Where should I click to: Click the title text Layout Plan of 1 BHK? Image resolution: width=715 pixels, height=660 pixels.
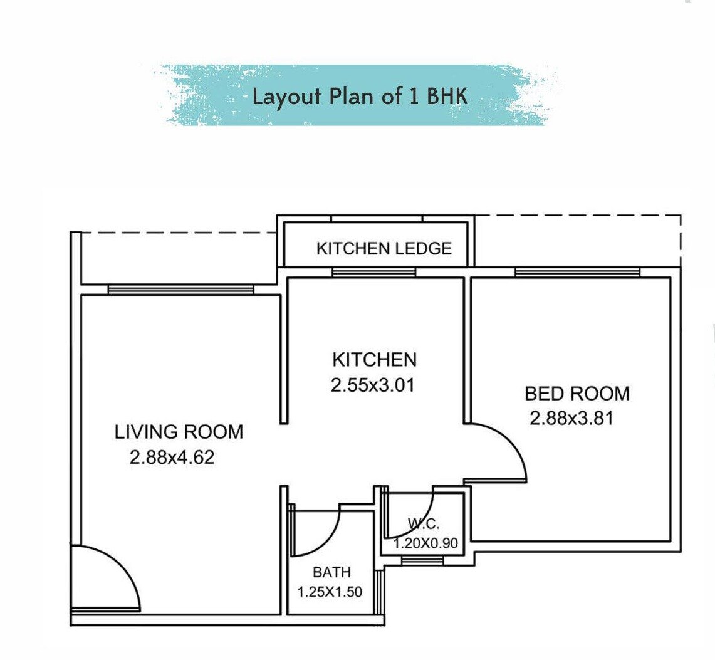tap(360, 97)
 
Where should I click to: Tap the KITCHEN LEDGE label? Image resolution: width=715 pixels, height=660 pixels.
tap(384, 249)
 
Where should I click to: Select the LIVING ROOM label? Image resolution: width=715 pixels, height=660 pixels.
tap(179, 432)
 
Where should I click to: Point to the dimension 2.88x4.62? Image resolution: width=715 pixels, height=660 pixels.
tap(172, 458)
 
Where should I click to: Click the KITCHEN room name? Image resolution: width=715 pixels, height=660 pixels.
tap(374, 359)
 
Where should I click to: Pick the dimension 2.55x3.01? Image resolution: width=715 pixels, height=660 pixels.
tap(373, 385)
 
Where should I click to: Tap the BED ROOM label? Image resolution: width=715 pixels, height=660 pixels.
tap(577, 394)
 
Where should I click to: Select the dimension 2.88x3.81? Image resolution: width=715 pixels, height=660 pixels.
tap(571, 418)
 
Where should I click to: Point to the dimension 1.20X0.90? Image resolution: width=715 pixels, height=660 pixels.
tap(425, 543)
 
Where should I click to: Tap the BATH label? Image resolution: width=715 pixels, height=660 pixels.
tap(331, 572)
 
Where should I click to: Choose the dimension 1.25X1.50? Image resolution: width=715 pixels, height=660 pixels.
tap(330, 592)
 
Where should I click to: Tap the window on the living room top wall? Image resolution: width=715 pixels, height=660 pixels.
tap(180, 290)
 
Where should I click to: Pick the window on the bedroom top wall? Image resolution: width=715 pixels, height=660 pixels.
tap(577, 272)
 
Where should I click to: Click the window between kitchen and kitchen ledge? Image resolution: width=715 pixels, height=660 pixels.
tap(373, 272)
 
